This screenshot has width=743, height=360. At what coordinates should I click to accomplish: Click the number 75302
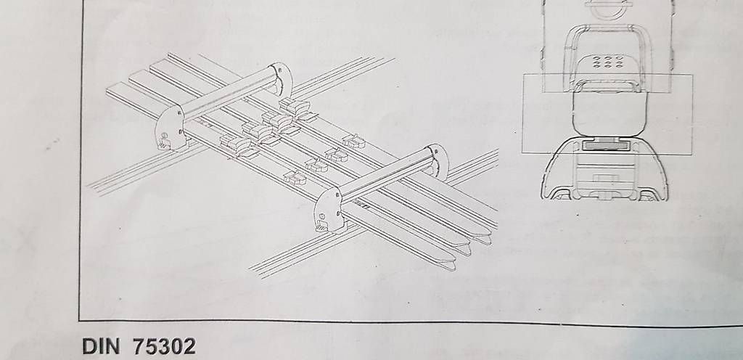tap(164, 346)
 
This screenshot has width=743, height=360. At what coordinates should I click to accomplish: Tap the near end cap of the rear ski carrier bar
tap(170, 128)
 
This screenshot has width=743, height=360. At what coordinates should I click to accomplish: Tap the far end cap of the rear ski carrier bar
tap(282, 78)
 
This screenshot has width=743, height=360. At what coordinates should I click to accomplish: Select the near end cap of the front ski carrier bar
tap(328, 210)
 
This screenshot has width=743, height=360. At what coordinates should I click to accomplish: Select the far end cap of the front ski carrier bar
tap(438, 161)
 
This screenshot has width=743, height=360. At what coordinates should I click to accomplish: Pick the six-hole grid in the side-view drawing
tap(607, 62)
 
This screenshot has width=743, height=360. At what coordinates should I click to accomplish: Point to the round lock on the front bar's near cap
tap(323, 217)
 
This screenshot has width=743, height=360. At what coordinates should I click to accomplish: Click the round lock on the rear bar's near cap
tap(164, 136)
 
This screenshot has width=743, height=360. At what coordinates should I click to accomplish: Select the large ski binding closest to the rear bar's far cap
tap(295, 109)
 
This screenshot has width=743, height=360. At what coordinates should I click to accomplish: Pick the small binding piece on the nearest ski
tap(295, 178)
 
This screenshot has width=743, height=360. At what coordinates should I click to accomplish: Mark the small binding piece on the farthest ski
tap(353, 141)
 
